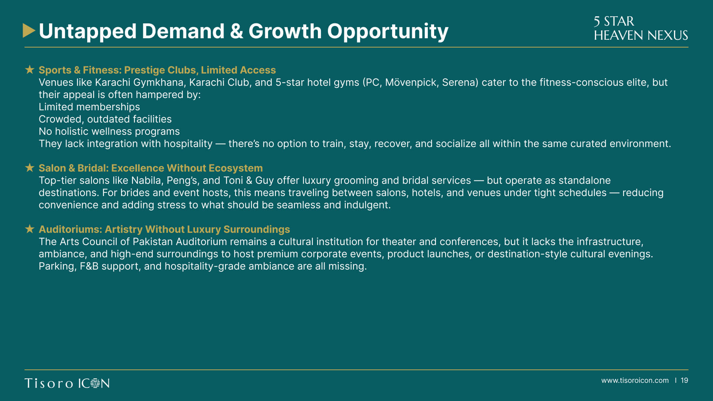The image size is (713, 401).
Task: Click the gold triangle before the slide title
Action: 29,31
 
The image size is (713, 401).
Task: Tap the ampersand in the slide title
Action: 236,31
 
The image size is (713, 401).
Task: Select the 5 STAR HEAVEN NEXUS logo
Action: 641,28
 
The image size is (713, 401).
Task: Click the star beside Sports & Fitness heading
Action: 30,69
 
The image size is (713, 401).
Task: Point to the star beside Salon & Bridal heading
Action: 30,167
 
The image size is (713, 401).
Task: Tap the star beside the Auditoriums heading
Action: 30,229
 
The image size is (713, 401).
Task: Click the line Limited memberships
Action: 89,107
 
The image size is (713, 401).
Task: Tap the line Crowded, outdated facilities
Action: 105,119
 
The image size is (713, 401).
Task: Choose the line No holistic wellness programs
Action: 109,131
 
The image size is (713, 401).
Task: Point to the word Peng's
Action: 183,181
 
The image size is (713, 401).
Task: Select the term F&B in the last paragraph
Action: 89,266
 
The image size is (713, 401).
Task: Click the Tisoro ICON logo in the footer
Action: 67,383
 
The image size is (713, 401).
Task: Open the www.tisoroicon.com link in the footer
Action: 635,381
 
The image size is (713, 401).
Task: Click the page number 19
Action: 684,381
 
